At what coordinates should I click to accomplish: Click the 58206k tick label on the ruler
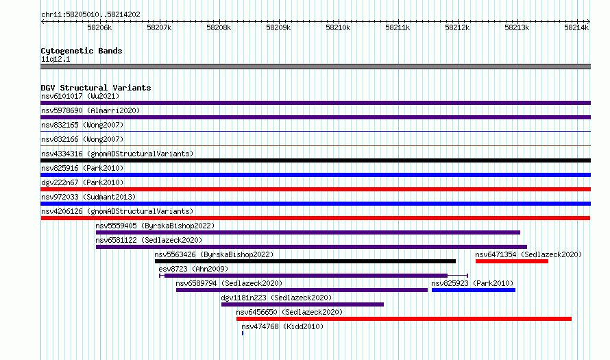(99, 27)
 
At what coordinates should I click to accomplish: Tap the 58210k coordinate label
(338, 27)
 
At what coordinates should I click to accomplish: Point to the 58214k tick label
(576, 27)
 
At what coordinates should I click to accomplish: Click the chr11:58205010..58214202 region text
(90, 15)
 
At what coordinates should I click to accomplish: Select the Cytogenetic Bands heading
(82, 51)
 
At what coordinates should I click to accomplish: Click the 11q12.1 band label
(56, 59)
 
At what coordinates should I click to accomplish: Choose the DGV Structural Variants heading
(96, 88)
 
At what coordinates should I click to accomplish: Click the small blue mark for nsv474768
(243, 333)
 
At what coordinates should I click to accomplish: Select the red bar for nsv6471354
(512, 261)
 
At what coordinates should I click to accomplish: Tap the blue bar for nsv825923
(474, 290)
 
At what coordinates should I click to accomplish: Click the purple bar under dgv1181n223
(303, 304)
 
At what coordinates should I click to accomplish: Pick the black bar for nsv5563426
(306, 261)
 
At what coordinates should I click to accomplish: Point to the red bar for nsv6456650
(404, 319)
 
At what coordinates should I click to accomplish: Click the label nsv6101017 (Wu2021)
(80, 96)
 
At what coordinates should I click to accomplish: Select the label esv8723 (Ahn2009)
(193, 269)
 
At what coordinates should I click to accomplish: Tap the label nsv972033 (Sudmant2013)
(88, 197)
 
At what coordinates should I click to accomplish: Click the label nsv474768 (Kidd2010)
(282, 326)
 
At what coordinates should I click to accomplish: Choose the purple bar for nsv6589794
(302, 290)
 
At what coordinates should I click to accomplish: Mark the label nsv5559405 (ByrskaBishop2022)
(155, 226)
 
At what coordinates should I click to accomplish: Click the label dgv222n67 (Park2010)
(82, 182)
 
